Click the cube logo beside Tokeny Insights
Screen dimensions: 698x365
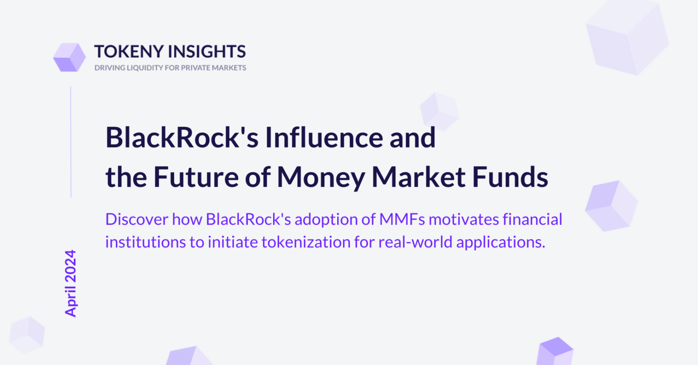point(70,57)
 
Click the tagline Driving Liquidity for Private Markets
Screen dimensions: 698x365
point(170,68)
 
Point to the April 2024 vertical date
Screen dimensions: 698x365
point(70,283)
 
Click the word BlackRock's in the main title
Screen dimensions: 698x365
point(182,138)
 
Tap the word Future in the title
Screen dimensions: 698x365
point(196,177)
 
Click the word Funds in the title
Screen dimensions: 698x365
point(510,177)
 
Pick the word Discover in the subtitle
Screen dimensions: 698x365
point(137,219)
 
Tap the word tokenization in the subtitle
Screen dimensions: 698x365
point(306,242)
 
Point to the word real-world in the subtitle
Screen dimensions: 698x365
point(415,242)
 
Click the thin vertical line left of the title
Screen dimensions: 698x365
point(71,142)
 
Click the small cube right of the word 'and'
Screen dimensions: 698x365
point(439,112)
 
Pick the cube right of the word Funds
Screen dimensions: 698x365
point(611,206)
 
